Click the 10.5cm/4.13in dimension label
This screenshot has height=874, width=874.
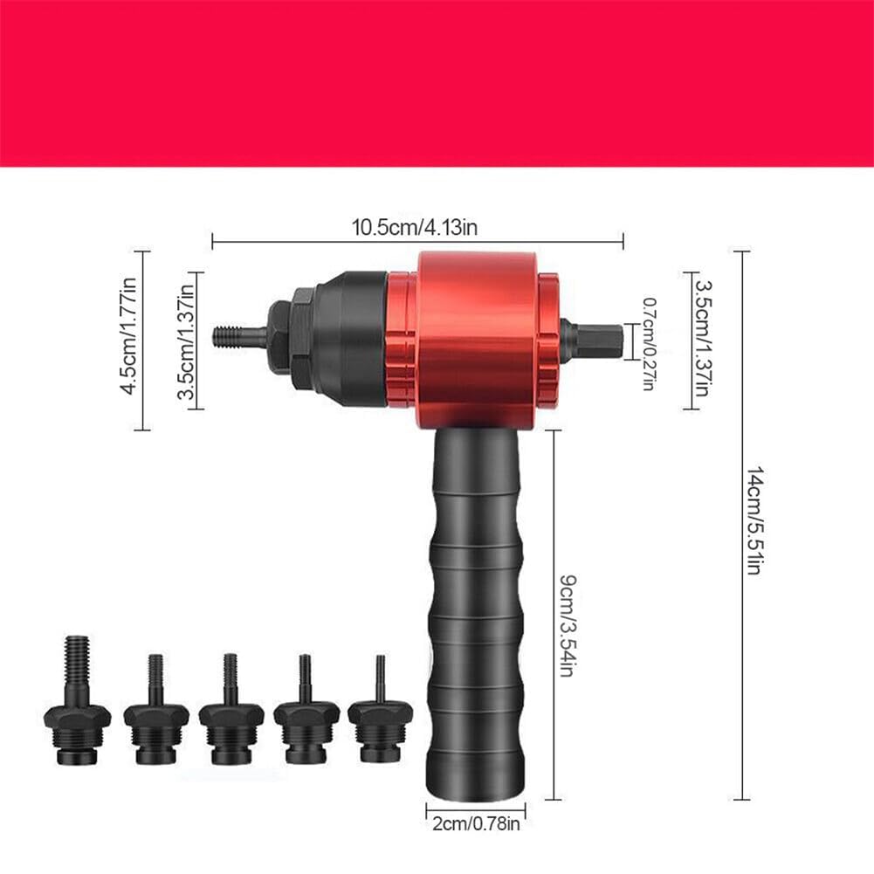(414, 227)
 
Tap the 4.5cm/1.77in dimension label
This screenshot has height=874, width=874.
(128, 336)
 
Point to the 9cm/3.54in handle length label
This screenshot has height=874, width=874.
(567, 625)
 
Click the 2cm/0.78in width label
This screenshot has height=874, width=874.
(476, 824)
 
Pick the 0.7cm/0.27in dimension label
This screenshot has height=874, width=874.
(649, 343)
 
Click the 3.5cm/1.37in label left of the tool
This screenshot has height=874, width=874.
(186, 341)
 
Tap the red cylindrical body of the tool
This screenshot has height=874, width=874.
(477, 340)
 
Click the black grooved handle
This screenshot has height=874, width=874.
(476, 613)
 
